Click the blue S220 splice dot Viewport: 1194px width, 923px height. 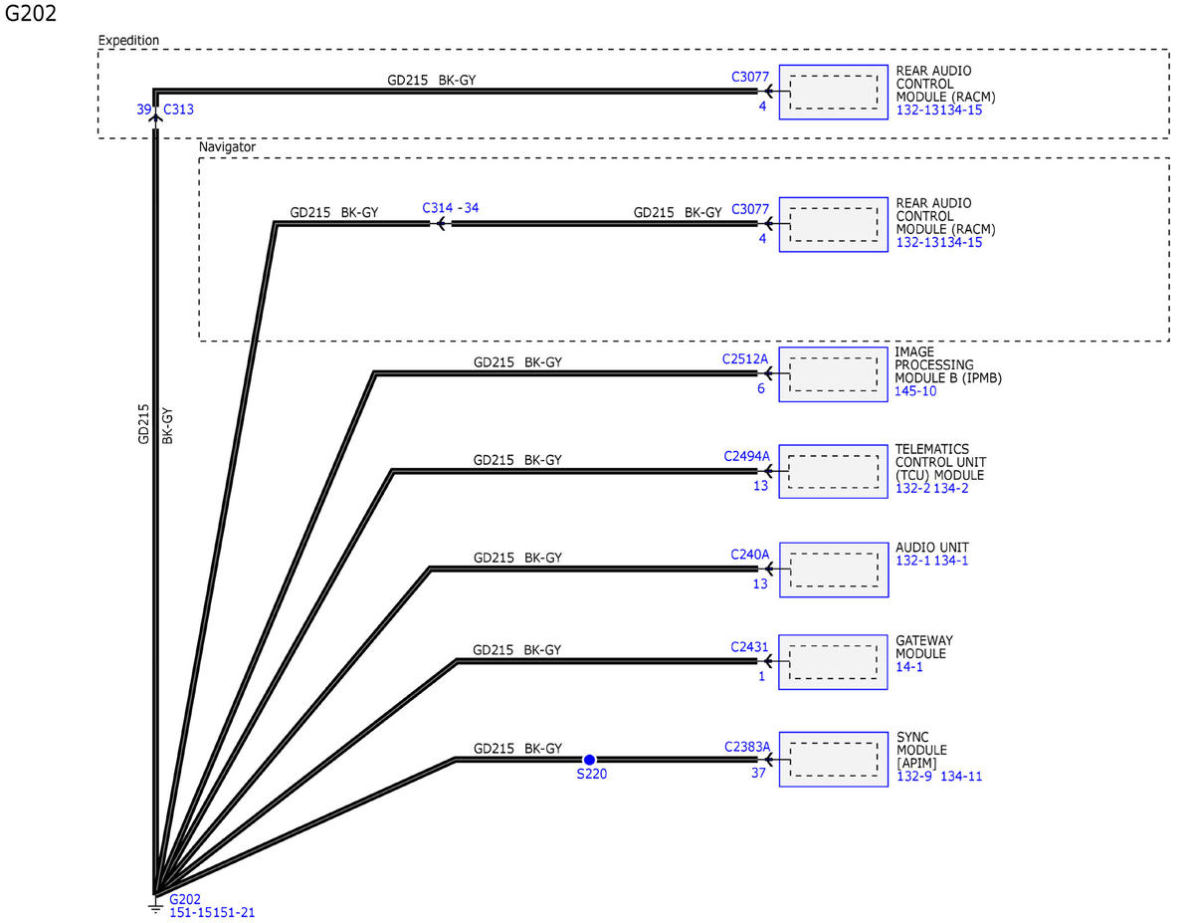coord(589,760)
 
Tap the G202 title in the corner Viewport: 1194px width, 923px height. coord(30,13)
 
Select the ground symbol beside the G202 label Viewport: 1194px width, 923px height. coord(156,907)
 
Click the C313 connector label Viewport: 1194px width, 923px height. coord(178,110)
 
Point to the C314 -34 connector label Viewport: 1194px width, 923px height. coord(450,208)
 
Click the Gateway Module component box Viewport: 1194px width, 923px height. coord(833,662)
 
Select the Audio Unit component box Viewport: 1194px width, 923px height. coord(834,570)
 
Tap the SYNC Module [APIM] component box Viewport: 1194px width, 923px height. coord(834,759)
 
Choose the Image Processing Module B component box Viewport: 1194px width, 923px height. coord(833,374)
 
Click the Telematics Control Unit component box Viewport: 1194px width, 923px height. coord(833,472)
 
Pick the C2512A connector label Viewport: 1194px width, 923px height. coord(744,359)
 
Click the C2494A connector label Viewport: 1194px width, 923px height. coord(746,456)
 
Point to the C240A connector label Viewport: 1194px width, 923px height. coord(749,555)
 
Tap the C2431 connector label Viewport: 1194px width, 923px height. coord(749,647)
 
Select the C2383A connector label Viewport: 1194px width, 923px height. coord(746,747)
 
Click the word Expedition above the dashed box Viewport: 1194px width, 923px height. coord(128,40)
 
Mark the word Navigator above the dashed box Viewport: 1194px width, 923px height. coord(227,146)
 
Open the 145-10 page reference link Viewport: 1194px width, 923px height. coord(914,391)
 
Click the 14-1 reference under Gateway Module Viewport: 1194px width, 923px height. coord(908,667)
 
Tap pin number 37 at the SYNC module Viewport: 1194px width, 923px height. coord(758,773)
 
